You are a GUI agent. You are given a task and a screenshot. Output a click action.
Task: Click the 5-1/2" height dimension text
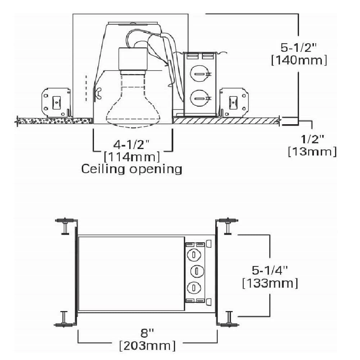pyautogui.click(x=298, y=48)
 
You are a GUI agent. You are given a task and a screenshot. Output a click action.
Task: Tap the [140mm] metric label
pyautogui.click(x=299, y=60)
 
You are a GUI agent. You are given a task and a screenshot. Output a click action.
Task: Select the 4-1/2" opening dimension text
pyautogui.click(x=131, y=144)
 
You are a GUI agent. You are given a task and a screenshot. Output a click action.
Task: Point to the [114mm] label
pyautogui.click(x=132, y=157)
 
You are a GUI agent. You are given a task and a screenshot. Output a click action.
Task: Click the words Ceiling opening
pyautogui.click(x=132, y=169)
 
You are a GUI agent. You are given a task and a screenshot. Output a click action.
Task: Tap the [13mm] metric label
pyautogui.click(x=312, y=152)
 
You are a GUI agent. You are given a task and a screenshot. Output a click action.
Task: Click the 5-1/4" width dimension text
pyautogui.click(x=270, y=270)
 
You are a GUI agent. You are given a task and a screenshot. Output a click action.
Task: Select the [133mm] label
pyautogui.click(x=270, y=283)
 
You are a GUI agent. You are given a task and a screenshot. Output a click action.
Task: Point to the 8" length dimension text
pyautogui.click(x=147, y=333)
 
